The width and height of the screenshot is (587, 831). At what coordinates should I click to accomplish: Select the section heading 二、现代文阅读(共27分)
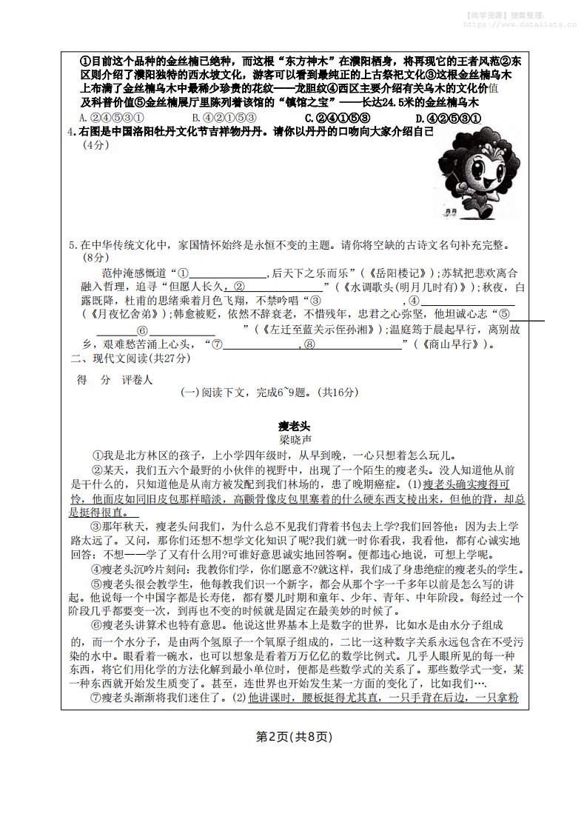coord(130,358)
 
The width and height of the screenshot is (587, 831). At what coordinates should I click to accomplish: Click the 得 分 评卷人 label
coord(115,379)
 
